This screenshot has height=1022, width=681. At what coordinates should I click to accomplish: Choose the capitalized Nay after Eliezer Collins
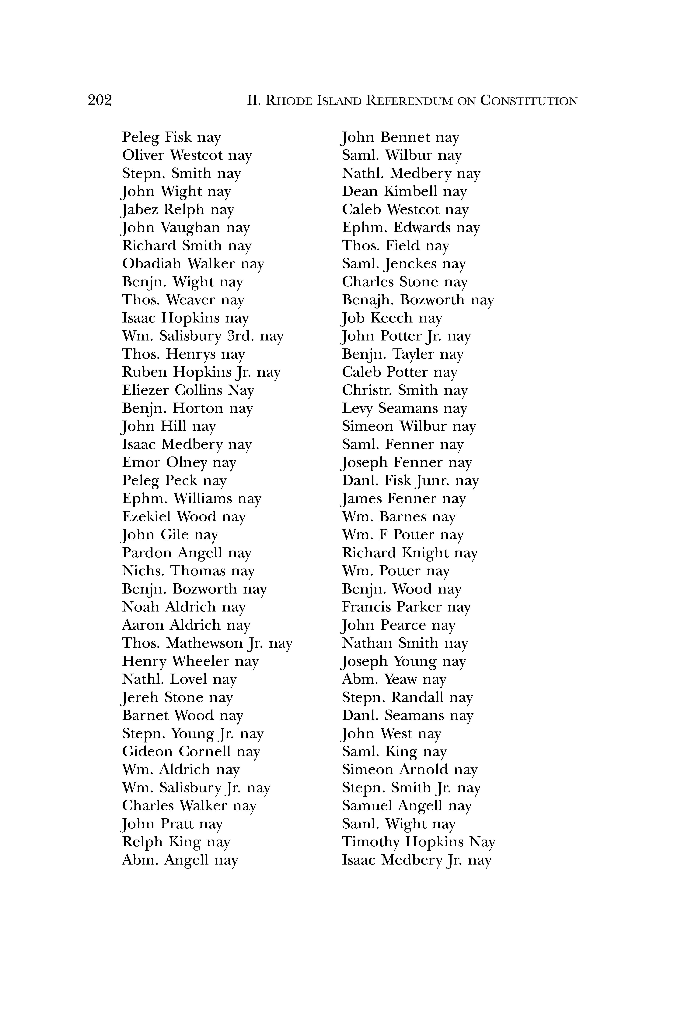pos(241,390)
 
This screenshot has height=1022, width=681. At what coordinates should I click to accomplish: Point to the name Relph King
pos(162,842)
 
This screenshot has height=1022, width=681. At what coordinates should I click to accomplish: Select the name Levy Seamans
pos(390,408)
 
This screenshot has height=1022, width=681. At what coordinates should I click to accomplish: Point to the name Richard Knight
pos(395,553)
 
